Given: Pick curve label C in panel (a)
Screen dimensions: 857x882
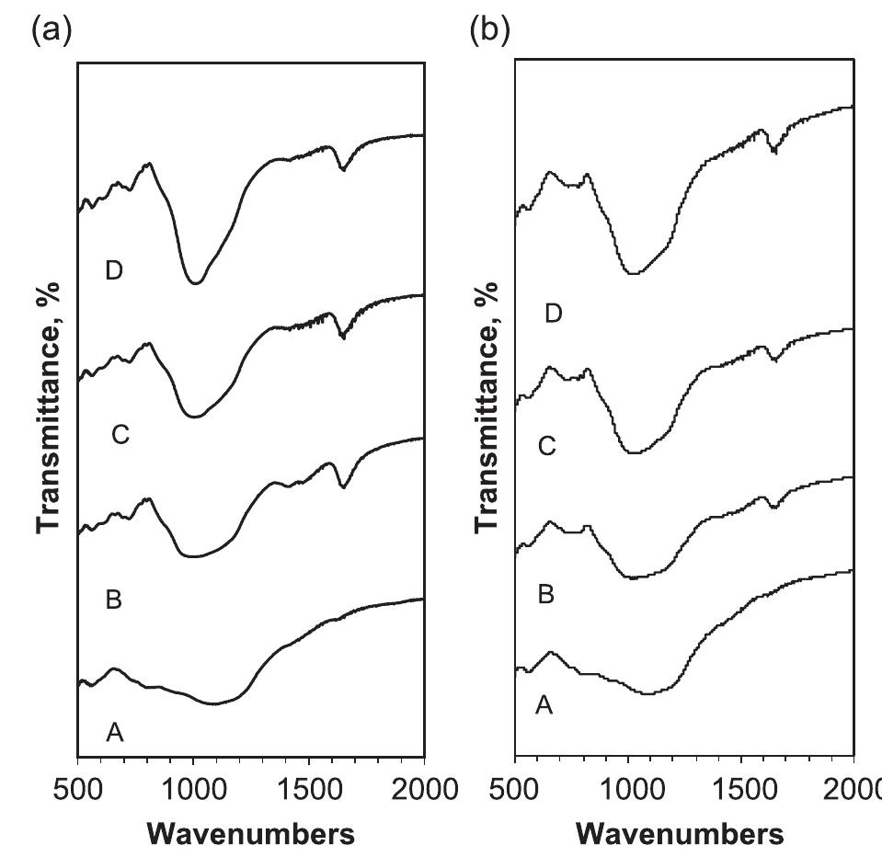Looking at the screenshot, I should click(x=120, y=435).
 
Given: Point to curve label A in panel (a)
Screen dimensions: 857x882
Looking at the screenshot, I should click(x=114, y=732).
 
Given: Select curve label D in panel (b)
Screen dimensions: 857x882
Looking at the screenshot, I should click(x=553, y=314).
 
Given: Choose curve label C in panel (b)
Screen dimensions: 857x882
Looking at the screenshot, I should click(x=546, y=446).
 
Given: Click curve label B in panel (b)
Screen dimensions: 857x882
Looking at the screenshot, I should click(x=545, y=595).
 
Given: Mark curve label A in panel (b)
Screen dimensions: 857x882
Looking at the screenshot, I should click(x=544, y=705).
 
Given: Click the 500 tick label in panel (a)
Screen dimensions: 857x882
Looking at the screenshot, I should click(x=78, y=790).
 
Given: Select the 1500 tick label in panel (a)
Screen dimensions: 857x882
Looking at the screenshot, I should click(x=308, y=790).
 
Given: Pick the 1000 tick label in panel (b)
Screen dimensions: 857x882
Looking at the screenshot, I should click(x=628, y=790).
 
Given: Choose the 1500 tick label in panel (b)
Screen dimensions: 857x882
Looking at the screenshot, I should click(x=742, y=790).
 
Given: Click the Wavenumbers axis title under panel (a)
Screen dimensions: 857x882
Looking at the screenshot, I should click(x=250, y=834).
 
